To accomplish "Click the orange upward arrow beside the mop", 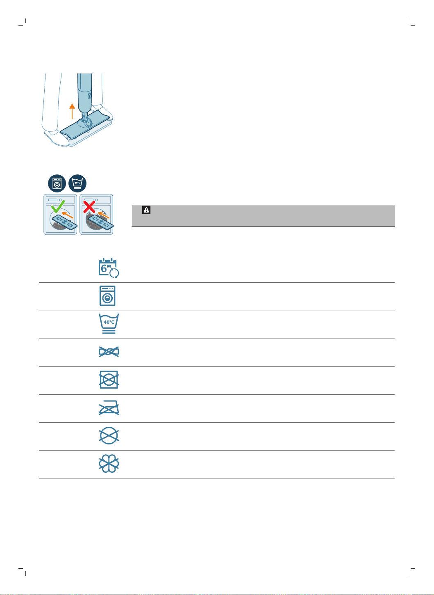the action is click(72, 111).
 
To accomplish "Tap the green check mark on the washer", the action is click(58, 207).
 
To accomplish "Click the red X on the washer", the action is click(89, 207).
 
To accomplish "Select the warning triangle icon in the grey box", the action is click(146, 210).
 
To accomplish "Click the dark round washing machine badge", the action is click(57, 183).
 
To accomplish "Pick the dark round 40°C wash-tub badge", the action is click(77, 183).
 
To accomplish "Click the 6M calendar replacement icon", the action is click(109, 268).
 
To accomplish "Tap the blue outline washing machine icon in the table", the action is click(107, 295).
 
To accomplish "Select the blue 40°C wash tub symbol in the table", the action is click(109, 323).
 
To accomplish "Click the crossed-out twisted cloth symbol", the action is click(109, 352).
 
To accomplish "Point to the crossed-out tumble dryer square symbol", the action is click(109, 380).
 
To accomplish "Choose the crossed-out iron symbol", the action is click(109, 407).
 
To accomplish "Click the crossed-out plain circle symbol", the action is click(109, 436).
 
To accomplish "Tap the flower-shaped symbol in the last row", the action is click(109, 464).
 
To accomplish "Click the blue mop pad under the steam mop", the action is click(85, 125).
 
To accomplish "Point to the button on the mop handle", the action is click(89, 96).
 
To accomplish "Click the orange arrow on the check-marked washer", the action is click(67, 215).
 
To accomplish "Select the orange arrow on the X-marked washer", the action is click(103, 215).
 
